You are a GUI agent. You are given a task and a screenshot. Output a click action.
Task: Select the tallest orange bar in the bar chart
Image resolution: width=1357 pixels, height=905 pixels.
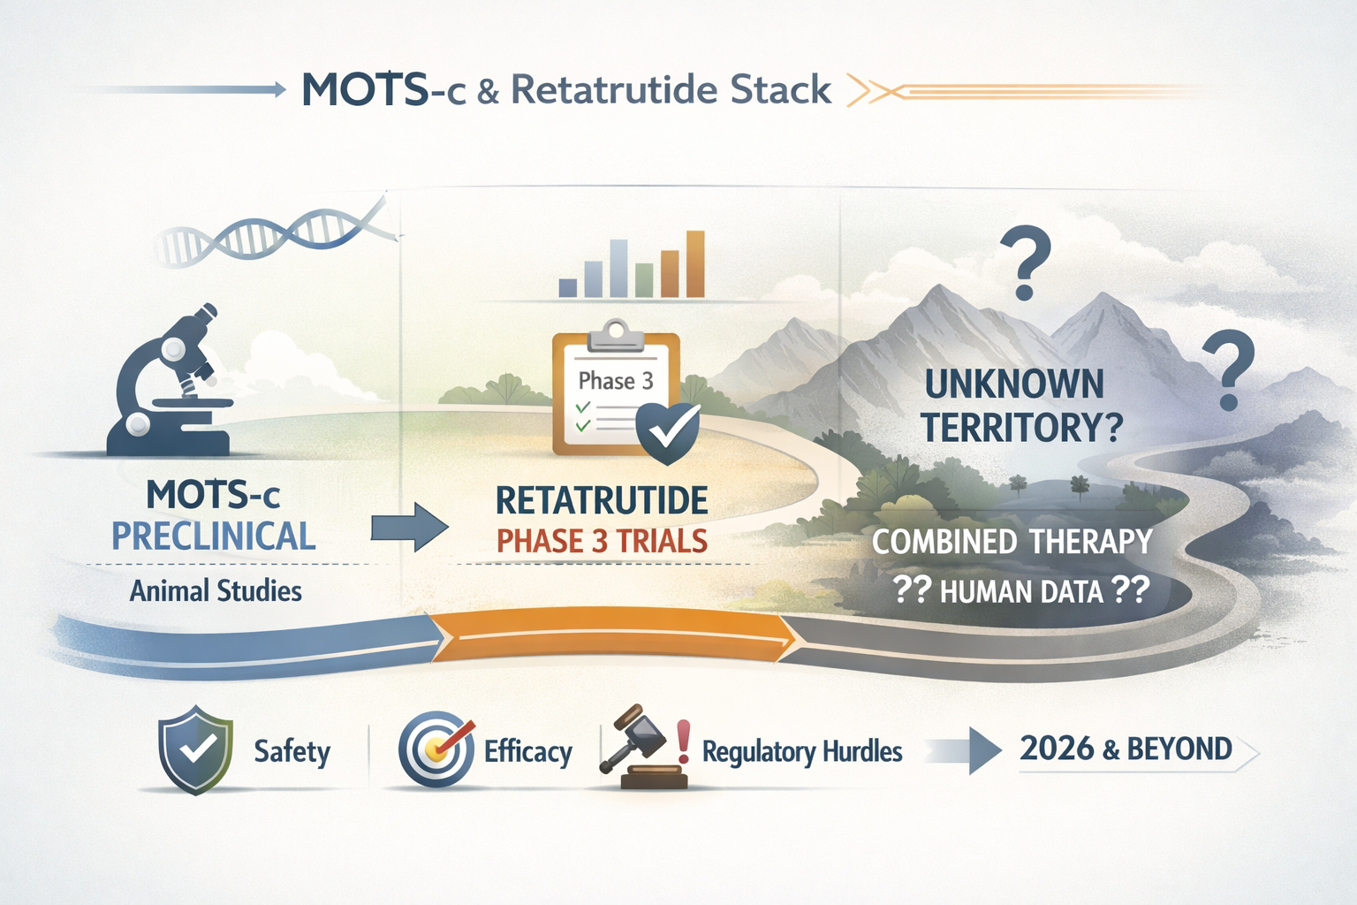(x=695, y=263)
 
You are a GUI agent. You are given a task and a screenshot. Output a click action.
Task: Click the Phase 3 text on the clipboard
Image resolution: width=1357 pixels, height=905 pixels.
(x=616, y=381)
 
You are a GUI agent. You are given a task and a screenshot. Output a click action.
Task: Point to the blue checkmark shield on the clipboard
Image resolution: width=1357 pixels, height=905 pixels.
(x=668, y=433)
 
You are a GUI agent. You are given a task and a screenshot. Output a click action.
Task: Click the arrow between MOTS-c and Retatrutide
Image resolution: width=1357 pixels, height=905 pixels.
(x=408, y=528)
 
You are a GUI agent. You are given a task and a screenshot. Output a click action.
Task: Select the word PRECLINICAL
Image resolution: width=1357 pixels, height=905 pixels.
(x=213, y=536)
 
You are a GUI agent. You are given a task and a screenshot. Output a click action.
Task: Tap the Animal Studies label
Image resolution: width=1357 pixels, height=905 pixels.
(x=216, y=590)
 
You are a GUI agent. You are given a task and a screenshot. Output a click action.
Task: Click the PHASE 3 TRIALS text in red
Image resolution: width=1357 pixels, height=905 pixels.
(x=602, y=541)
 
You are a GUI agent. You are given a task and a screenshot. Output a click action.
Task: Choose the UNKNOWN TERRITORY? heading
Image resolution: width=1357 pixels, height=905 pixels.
(x=1017, y=406)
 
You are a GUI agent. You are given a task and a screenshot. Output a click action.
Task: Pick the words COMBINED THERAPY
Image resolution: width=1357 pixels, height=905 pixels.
(x=1012, y=541)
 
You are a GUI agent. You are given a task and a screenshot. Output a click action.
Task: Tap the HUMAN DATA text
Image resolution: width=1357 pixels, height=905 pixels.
(x=1021, y=591)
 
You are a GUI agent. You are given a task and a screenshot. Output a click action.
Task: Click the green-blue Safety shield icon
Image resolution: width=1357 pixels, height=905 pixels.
(x=195, y=749)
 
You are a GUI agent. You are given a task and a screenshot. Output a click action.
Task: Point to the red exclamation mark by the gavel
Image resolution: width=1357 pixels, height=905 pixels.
(x=683, y=741)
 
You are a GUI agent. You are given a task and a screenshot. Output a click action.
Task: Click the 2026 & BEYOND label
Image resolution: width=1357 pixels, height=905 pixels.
(x=1126, y=749)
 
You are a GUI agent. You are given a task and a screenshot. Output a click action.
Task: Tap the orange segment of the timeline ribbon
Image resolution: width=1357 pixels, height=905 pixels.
(x=610, y=633)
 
